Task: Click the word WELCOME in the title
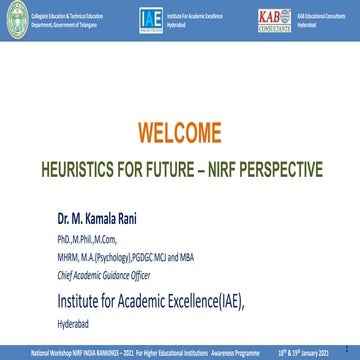[x=180, y=131]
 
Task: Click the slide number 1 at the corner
[x=353, y=352]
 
